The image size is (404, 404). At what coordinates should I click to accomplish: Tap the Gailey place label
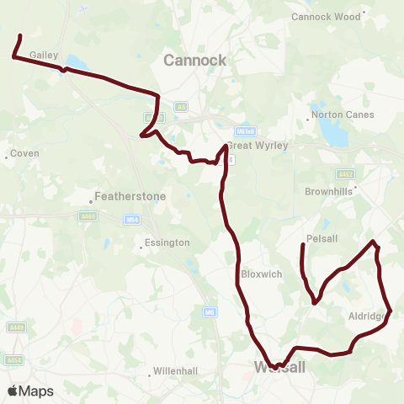[x=44, y=55]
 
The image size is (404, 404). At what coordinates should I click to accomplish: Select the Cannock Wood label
[x=324, y=16]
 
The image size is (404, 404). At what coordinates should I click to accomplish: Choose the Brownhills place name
[x=328, y=191]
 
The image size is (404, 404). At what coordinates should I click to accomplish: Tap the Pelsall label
[x=322, y=238]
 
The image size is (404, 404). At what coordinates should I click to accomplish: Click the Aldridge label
[x=367, y=316]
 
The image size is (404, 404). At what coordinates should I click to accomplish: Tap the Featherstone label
[x=132, y=196]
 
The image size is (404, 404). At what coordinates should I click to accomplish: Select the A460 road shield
[x=88, y=215]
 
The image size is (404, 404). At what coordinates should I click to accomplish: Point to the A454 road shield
[x=13, y=360]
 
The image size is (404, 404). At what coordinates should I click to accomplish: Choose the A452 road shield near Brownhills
[x=346, y=174]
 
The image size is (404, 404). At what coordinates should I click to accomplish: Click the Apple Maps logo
[x=30, y=391]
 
